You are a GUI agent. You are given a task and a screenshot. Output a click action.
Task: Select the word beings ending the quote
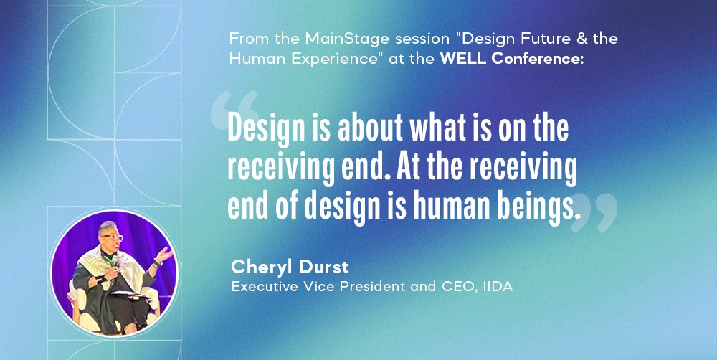(539, 207)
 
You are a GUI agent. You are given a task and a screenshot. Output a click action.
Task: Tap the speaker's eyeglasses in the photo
(113, 237)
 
